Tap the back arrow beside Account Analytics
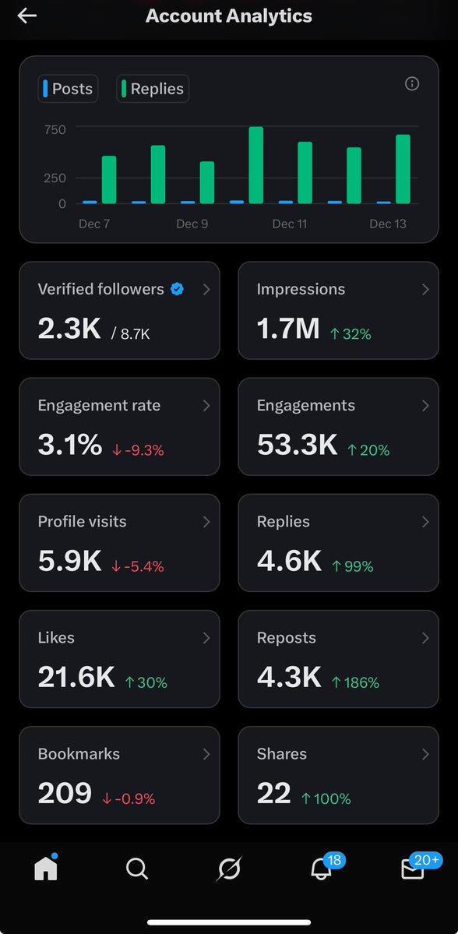point(27,16)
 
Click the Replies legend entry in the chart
point(153,89)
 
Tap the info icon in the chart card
point(412,84)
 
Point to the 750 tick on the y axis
point(55,129)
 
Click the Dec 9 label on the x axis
point(192,224)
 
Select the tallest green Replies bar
point(255,165)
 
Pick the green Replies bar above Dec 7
point(109,180)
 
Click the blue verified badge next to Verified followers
point(178,290)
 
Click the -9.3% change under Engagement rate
point(138,450)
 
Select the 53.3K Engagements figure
point(297,446)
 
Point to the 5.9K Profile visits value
point(69,562)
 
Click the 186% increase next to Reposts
point(355,682)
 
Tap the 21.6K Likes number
point(76,678)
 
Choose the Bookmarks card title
point(79,754)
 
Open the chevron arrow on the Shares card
point(425,754)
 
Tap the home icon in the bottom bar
point(46,869)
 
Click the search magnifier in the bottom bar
point(137,869)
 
